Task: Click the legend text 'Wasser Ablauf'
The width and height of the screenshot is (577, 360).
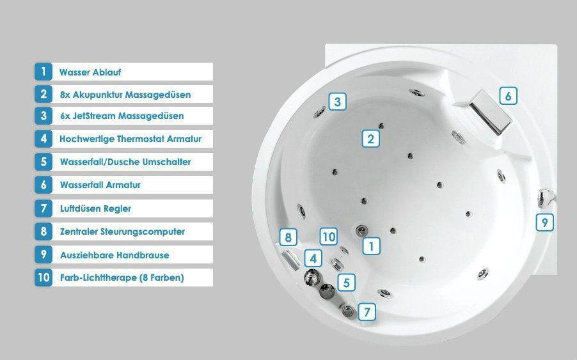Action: [x=90, y=72]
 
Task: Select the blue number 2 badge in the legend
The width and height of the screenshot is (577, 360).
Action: [x=43, y=94]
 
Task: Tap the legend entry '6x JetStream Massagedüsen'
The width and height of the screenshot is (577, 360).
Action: [x=122, y=116]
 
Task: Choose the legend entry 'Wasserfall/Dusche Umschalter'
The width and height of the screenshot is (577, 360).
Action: [x=125, y=162]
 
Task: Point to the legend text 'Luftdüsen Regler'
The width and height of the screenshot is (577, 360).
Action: [x=95, y=209]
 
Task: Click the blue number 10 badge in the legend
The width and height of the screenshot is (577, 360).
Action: [x=43, y=278]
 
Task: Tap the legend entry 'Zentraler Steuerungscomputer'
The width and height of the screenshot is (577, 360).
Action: [x=122, y=232]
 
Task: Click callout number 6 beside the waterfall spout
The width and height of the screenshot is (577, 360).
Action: [x=508, y=96]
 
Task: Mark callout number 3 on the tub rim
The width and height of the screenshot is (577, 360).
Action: [x=338, y=101]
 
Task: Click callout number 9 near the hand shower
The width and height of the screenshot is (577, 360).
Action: [x=544, y=222]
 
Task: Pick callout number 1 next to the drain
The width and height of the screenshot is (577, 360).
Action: [x=371, y=246]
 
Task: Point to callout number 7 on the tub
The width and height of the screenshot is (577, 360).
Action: [x=367, y=312]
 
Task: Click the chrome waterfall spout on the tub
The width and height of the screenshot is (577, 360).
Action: [x=490, y=113]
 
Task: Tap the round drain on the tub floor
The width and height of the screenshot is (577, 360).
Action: [x=361, y=231]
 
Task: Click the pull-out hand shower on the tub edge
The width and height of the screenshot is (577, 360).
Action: [x=546, y=197]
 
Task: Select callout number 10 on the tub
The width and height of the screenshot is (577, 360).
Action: [x=329, y=237]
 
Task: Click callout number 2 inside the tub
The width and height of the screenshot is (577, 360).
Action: [x=370, y=139]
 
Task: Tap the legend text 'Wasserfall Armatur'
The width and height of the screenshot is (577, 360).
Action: [x=100, y=185]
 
